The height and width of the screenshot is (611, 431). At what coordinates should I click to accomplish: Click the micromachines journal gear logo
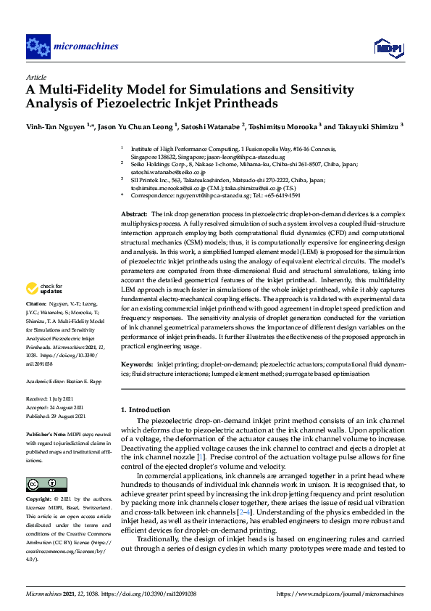point(37,47)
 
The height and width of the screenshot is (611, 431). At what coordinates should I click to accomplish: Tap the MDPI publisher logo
point(388,48)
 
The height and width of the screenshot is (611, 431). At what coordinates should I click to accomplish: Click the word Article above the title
point(35,76)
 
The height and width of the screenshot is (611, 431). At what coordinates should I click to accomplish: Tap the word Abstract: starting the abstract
point(133,215)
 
